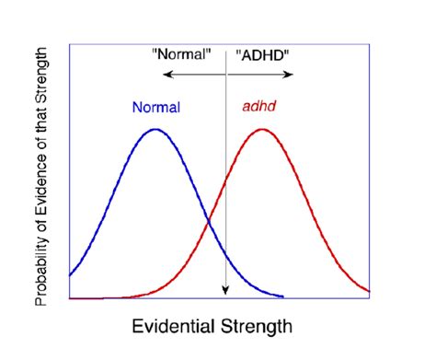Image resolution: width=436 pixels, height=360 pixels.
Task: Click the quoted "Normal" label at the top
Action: click(x=181, y=53)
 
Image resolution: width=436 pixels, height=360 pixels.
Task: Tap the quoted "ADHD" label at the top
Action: click(x=263, y=53)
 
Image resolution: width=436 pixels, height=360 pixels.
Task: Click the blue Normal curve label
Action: click(x=156, y=107)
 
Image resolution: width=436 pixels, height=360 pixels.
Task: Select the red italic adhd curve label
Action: click(x=259, y=107)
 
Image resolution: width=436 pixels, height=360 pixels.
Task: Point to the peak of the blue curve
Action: click(x=155, y=129)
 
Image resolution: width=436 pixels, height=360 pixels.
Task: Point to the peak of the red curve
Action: click(x=262, y=129)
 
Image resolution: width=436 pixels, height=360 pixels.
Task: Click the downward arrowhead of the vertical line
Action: click(x=224, y=293)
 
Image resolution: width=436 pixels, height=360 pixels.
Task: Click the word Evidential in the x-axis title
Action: click(x=174, y=326)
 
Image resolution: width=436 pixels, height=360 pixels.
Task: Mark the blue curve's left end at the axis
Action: click(x=70, y=275)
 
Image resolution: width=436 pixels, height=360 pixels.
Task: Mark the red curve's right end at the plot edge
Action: click(x=370, y=292)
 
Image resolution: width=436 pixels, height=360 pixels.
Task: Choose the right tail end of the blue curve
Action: click(x=282, y=297)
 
